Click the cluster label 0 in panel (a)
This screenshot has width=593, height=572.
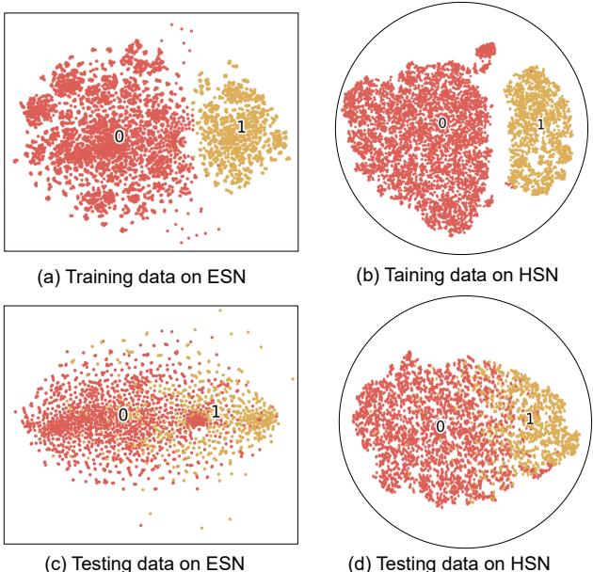click(119, 136)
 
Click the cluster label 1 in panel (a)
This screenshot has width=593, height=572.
click(241, 129)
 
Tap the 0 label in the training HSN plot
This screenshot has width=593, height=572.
click(442, 123)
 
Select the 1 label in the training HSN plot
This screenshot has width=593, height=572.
click(540, 124)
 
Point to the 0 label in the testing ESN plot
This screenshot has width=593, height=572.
click(122, 414)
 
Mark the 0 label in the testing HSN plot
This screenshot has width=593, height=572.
click(441, 426)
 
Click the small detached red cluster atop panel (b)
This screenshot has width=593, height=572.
click(487, 49)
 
